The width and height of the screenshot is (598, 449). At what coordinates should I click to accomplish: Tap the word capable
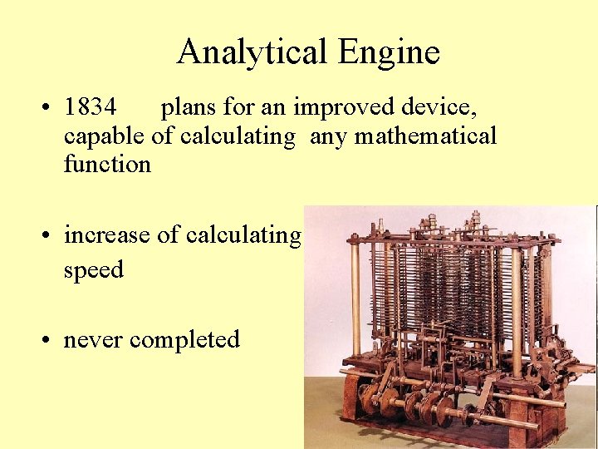pyautogui.click(x=105, y=136)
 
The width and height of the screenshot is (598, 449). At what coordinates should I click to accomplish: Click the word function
pyautogui.click(x=107, y=163)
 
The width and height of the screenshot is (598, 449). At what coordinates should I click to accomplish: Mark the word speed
pyautogui.click(x=93, y=270)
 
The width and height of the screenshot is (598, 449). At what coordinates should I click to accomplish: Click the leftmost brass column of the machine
pyautogui.click(x=356, y=299)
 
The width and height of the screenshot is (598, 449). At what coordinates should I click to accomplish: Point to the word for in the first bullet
pyautogui.click(x=243, y=107)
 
